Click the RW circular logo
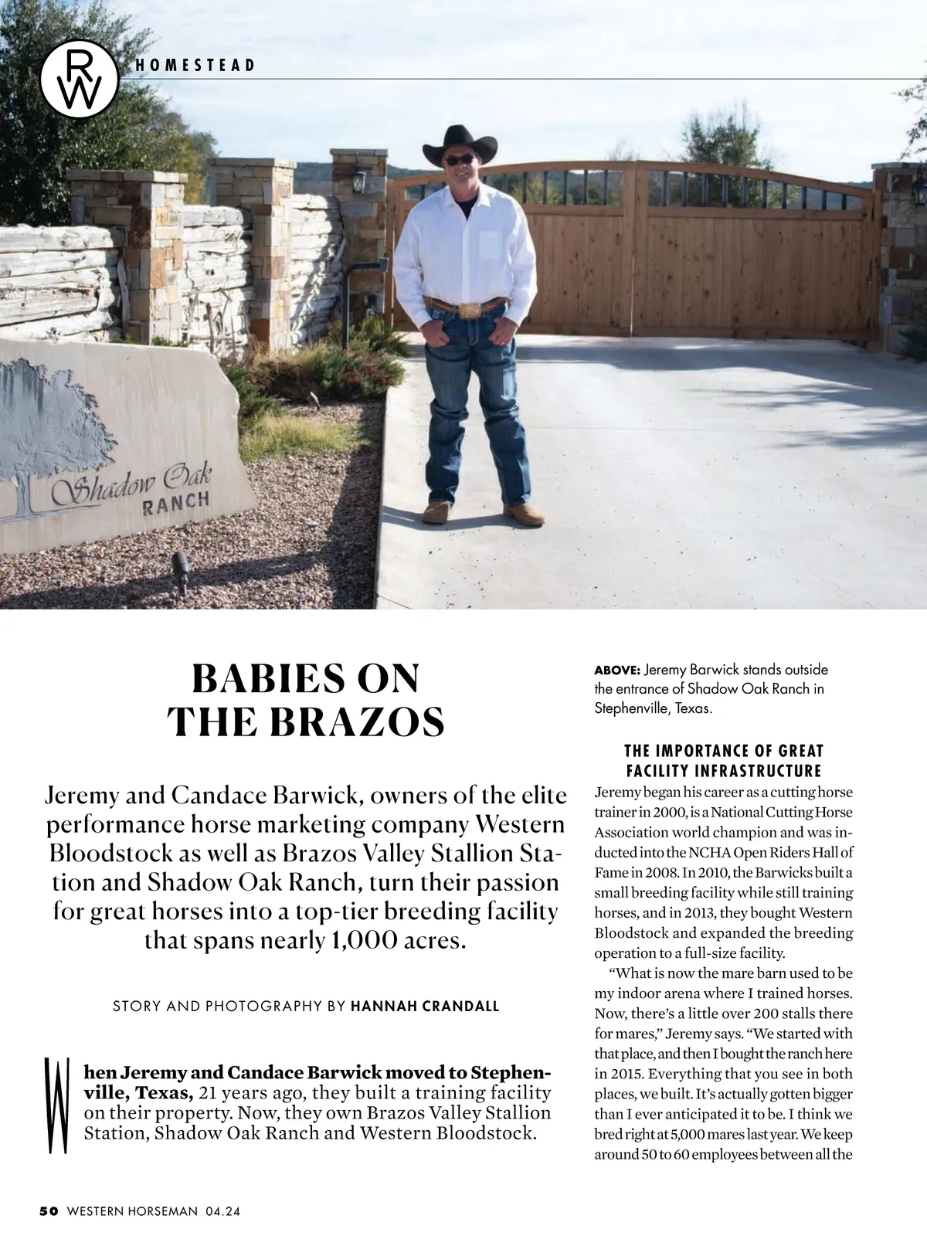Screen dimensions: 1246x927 80,79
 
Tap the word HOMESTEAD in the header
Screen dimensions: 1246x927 194,66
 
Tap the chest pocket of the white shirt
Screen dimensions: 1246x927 491,242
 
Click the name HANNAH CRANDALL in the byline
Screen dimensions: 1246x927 425,1006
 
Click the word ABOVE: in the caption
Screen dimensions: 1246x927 616,670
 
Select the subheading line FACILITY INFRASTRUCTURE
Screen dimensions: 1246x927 723,771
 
